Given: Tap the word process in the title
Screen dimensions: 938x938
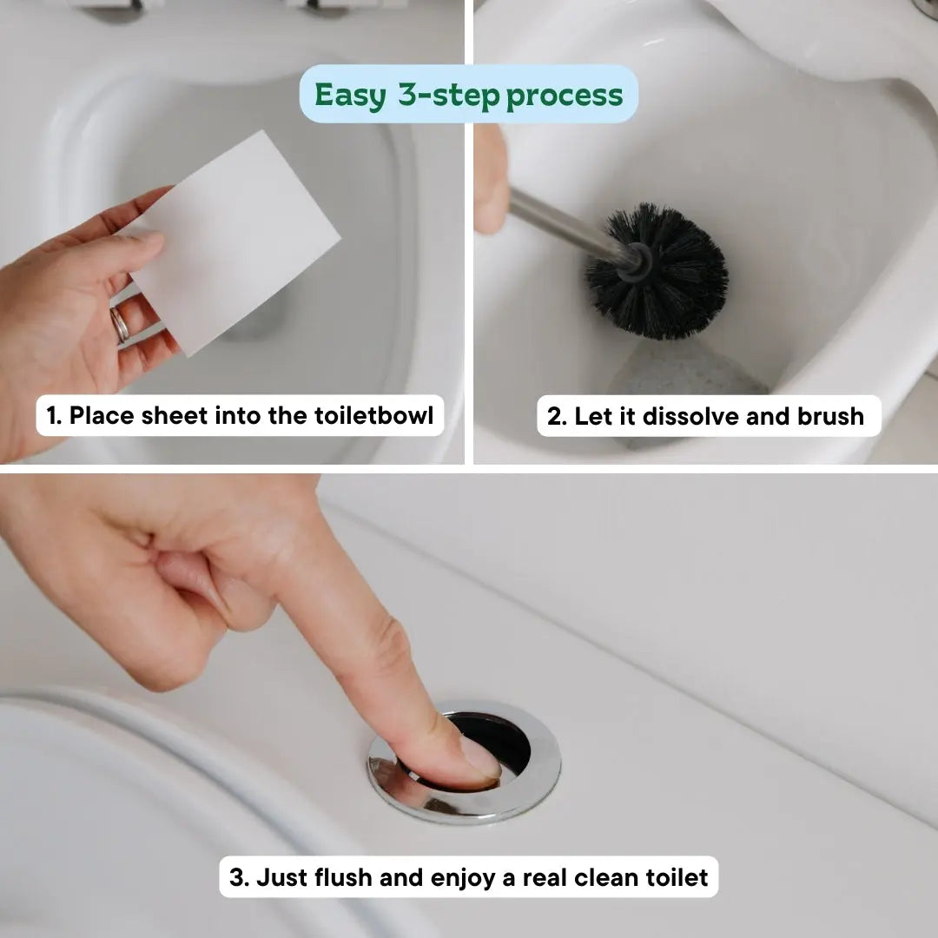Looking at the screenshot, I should point(565,95).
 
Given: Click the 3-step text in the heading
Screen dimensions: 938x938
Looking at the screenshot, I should point(449,95).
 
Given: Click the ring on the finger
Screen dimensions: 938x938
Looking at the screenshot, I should point(119,325).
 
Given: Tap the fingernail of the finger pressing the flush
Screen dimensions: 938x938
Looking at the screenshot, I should point(479,756).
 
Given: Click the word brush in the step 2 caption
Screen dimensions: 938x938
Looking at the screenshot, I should point(831,417).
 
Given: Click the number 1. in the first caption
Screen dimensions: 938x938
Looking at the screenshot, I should point(54,416).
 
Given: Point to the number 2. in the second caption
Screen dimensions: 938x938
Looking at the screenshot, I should point(557,417).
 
